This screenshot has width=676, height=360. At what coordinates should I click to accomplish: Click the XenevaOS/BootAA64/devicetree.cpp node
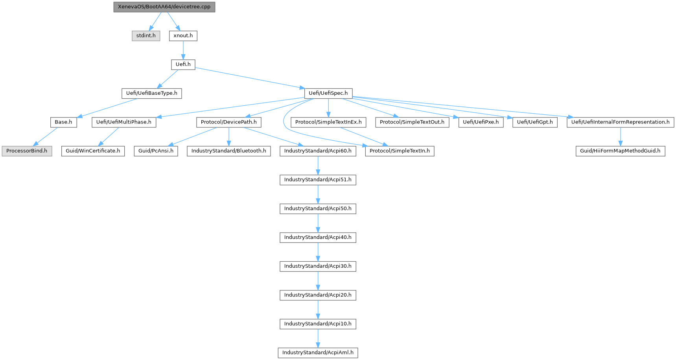point(164,7)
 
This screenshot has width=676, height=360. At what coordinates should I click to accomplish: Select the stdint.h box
point(146,36)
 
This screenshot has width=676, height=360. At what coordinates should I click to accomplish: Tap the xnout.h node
point(183,36)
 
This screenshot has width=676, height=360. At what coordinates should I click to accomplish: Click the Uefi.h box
point(183,64)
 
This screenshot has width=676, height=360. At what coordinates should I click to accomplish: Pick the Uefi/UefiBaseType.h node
point(151,93)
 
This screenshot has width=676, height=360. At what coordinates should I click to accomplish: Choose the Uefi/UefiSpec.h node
point(328,93)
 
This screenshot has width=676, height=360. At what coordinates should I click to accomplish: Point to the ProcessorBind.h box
point(27,151)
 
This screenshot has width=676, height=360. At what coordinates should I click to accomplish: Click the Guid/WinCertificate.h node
point(93,151)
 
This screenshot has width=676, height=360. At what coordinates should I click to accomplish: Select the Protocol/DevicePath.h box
point(229,122)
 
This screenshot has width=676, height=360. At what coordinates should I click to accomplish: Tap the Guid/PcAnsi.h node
point(156,151)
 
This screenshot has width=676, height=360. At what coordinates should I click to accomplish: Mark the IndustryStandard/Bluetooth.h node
point(229,151)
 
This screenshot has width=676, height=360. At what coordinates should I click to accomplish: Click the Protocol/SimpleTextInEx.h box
point(328,122)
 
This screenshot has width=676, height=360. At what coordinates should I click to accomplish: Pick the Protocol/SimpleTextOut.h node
point(412,122)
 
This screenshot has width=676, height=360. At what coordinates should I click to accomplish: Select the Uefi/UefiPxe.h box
point(481,122)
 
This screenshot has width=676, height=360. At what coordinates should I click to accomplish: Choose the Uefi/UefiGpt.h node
point(535,122)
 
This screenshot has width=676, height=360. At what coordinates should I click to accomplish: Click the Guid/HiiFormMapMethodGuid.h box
point(620,151)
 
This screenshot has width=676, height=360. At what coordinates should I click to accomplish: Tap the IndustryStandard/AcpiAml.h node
point(318,353)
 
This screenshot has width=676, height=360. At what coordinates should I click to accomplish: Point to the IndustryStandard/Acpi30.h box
point(318,266)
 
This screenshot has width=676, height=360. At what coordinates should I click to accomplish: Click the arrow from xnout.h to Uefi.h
point(183,50)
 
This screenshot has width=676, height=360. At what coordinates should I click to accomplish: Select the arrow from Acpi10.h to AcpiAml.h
point(318,338)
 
